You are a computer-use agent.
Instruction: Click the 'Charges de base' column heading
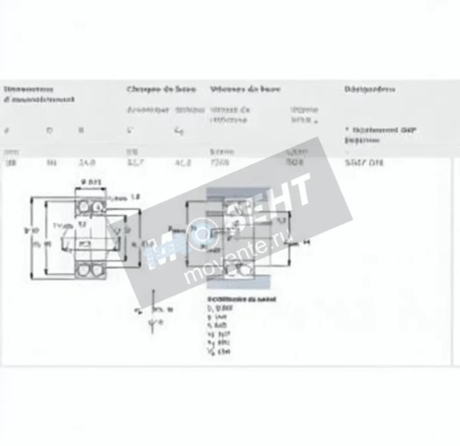161,89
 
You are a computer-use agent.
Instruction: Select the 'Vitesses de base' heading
245,89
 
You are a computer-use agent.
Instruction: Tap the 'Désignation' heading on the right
370,90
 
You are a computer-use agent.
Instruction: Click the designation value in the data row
364,163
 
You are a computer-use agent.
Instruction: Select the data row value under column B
87,163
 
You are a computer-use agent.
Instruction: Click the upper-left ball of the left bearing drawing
82,207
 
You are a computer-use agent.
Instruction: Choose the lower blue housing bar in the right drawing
238,283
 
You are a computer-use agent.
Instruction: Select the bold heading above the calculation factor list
242,299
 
